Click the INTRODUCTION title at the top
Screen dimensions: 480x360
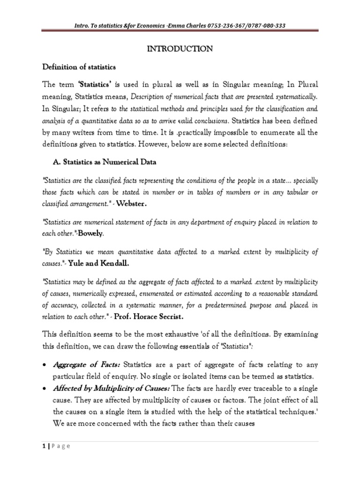(180, 49)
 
